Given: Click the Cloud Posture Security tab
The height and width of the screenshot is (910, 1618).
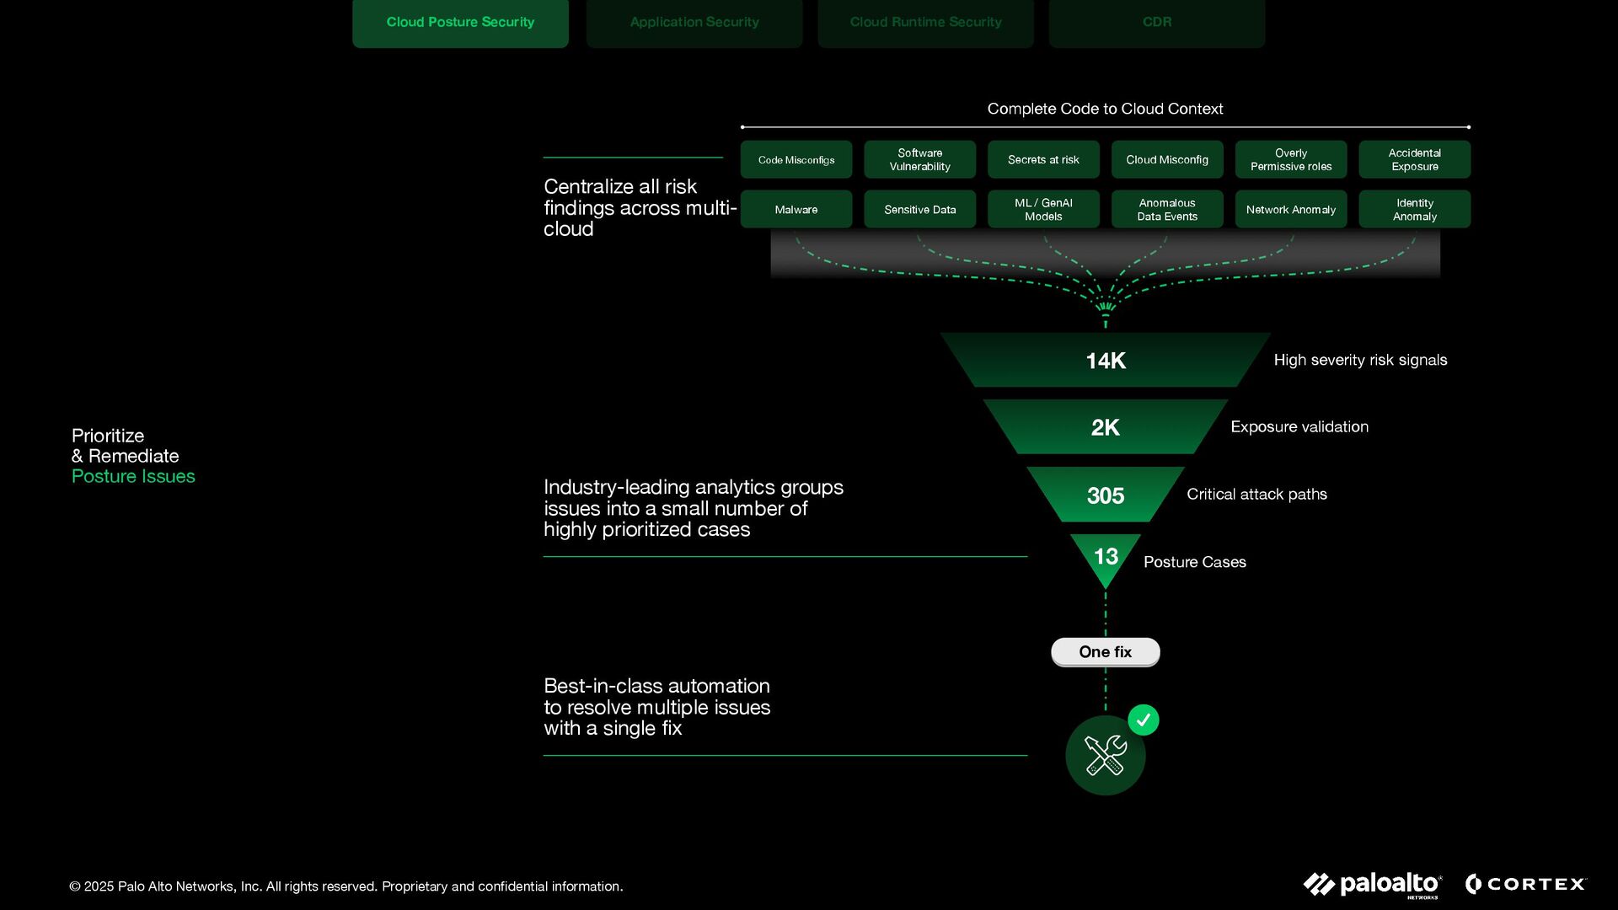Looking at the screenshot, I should pos(460,23).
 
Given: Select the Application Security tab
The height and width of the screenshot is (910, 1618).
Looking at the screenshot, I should pos(694,23).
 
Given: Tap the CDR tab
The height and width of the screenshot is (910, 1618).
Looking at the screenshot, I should pos(1156,23).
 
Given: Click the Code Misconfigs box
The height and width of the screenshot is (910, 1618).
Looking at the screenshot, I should pos(796,160).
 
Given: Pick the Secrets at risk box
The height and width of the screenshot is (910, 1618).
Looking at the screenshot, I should pos(1043,160).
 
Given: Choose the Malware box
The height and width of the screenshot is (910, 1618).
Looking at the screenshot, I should pos(796,210).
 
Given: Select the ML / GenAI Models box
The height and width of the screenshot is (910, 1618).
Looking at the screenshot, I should pos(1043,210).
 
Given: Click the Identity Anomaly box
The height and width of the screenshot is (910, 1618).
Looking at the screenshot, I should pos(1414,210).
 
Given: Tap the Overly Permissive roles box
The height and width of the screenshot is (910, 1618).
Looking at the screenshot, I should pos(1290,160).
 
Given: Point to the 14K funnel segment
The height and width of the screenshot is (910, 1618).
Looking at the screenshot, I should pos(1105,361).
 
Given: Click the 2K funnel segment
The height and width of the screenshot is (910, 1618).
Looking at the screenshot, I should pos(1105,427).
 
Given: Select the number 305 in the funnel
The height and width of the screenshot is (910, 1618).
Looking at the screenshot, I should pos(1105,495).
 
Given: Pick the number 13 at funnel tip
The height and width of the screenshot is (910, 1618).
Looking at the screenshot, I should pos(1105,556).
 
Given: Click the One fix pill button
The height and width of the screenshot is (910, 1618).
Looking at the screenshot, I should pos(1105,652).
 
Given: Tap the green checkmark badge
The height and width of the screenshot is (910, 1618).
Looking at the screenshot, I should pos(1143,720).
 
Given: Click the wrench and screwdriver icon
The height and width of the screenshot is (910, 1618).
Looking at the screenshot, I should pos(1105,755).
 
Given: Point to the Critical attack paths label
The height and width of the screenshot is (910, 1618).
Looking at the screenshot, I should pos(1256,495).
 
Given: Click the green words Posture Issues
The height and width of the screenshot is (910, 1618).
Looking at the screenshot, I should pos(133,477).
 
